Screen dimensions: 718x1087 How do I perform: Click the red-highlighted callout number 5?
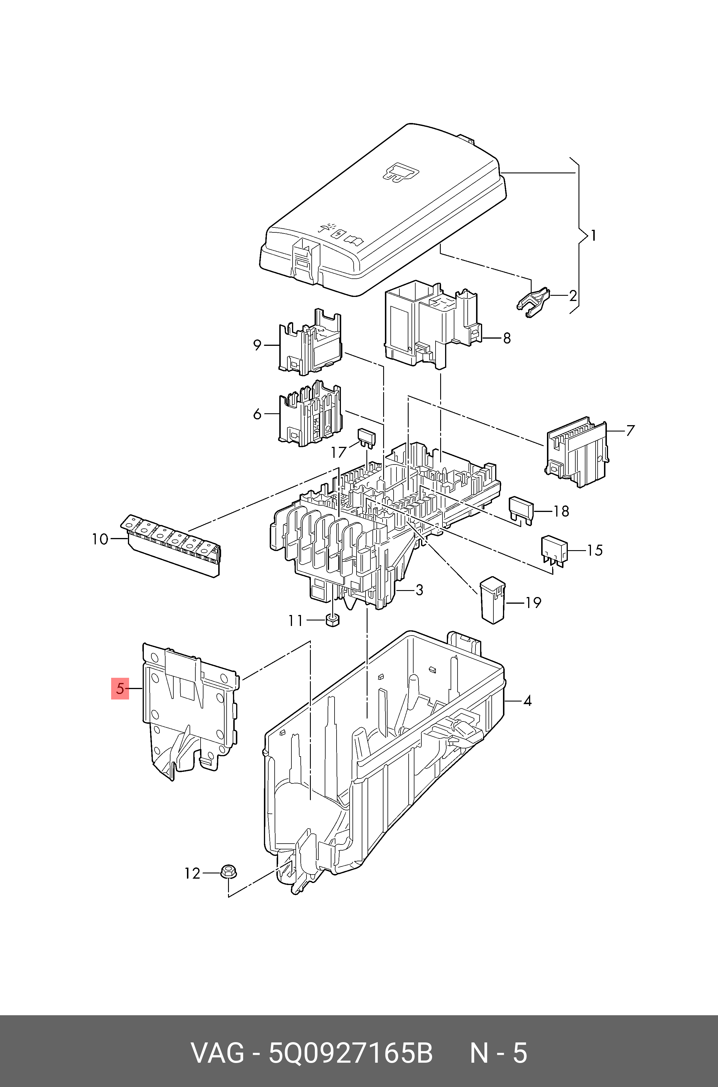(x=120, y=688)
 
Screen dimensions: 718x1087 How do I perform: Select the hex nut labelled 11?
(x=333, y=620)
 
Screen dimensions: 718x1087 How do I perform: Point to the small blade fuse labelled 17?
(x=366, y=436)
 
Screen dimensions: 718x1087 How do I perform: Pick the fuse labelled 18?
(x=521, y=510)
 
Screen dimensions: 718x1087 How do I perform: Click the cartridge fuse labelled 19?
(x=492, y=600)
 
